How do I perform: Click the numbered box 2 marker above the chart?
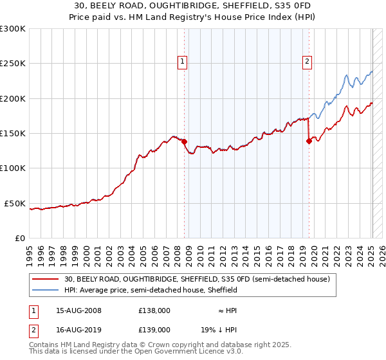click(308, 62)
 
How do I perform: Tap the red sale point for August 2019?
click(309, 141)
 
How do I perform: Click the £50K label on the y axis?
click(15, 203)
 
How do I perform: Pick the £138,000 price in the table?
click(154, 310)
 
